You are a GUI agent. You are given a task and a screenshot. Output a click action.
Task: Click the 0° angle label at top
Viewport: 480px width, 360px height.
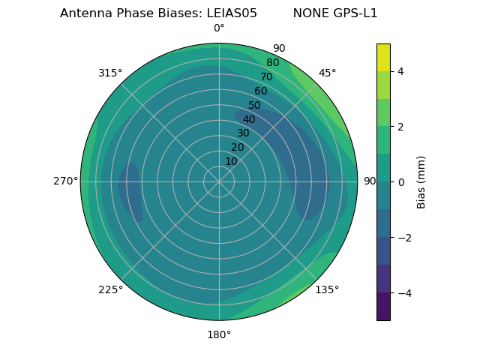(x=219, y=28)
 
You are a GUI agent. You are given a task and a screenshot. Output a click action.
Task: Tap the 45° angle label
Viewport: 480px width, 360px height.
(x=327, y=73)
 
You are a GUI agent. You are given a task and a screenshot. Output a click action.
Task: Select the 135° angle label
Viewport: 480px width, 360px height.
(x=327, y=289)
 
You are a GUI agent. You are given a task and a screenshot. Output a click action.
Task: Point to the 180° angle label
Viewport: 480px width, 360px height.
(x=219, y=334)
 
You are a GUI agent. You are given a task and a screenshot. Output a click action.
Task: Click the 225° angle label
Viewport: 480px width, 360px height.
(x=110, y=289)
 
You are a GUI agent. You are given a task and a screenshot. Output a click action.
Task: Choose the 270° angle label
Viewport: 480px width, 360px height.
(x=65, y=181)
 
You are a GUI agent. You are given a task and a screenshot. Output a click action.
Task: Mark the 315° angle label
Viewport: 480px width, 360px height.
(x=110, y=73)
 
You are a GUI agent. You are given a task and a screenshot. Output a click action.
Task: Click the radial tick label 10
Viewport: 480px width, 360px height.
(x=231, y=161)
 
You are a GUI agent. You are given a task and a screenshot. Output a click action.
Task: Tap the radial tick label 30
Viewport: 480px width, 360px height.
(x=243, y=133)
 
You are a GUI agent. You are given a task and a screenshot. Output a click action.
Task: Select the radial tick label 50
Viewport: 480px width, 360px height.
(x=254, y=105)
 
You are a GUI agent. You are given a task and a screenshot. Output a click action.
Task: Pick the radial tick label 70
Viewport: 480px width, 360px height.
(x=266, y=76)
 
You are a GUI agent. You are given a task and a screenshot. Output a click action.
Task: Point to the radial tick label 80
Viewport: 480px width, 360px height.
(x=272, y=62)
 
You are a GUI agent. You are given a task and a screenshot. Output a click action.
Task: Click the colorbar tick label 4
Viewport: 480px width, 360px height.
(x=400, y=71)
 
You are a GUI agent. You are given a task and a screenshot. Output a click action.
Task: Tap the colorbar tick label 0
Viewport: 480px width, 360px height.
(x=400, y=181)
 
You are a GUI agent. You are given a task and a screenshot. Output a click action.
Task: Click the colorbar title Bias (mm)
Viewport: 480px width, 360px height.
(x=421, y=181)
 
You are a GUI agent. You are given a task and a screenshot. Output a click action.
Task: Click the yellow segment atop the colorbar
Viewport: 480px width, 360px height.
(x=383, y=57)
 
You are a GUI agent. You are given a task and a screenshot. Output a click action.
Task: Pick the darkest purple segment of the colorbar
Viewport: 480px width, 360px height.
(x=383, y=307)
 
